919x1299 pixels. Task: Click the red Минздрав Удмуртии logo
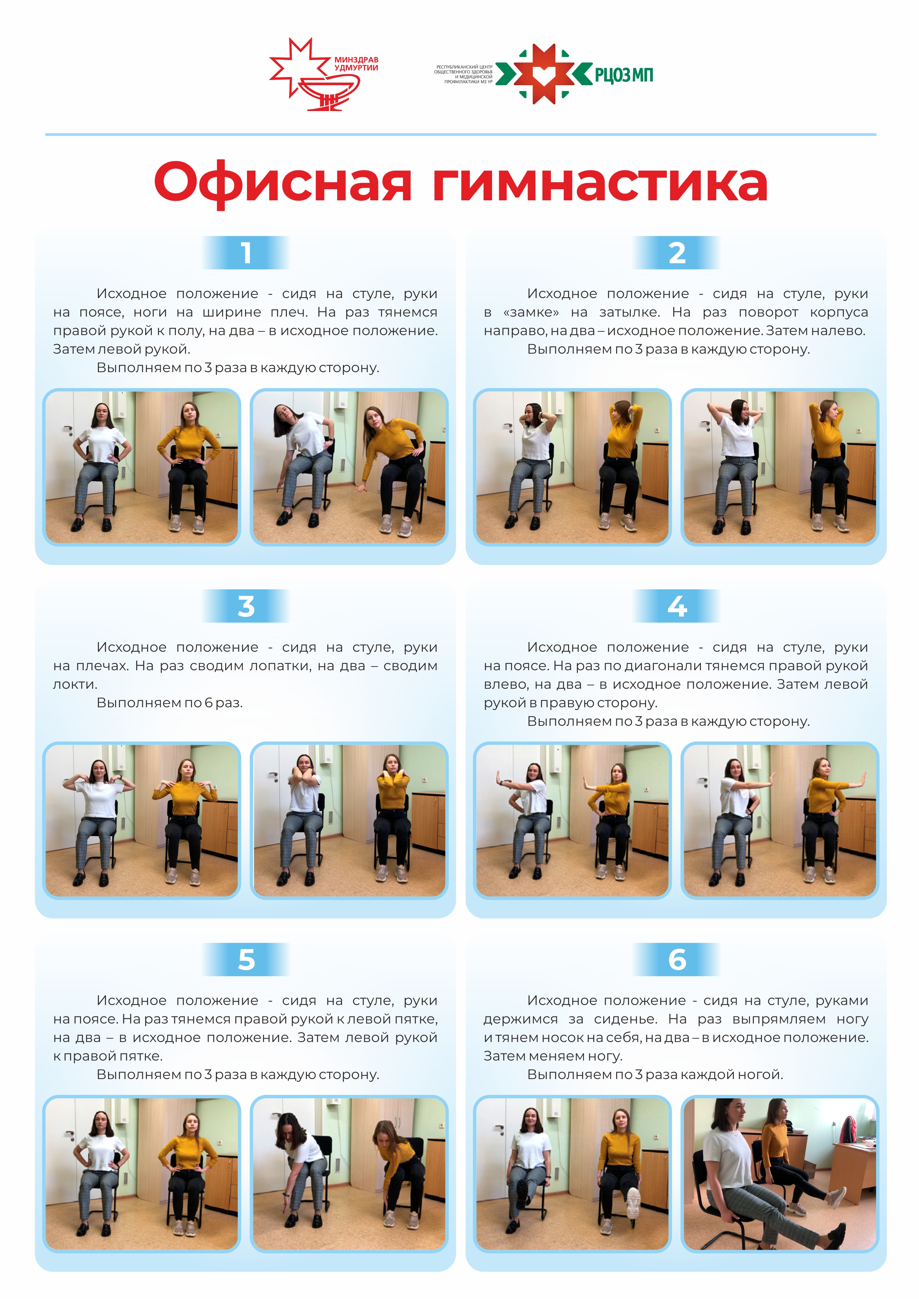[x=323, y=74]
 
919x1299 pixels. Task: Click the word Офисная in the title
[x=283, y=183]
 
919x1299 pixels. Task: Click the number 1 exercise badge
[x=245, y=252]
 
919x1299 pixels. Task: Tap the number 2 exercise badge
[x=677, y=252]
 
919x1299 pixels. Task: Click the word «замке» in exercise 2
[x=531, y=312]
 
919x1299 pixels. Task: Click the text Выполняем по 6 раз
[x=170, y=703]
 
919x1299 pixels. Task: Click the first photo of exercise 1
[x=141, y=467]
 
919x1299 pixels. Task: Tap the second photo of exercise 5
[x=349, y=1175]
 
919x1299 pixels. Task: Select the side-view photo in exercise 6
[x=780, y=1175]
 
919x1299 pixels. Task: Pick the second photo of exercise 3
[x=349, y=821]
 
